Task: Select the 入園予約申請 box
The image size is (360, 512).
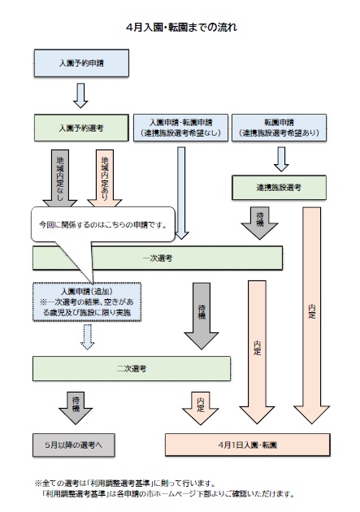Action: tap(81, 62)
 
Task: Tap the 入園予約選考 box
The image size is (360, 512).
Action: tap(81, 128)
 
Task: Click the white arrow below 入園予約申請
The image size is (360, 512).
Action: tap(80, 93)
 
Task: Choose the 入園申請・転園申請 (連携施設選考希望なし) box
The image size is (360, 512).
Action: tap(180, 127)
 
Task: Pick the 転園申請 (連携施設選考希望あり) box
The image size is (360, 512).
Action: tap(279, 127)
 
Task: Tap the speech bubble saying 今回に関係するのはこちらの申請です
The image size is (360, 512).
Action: tap(102, 223)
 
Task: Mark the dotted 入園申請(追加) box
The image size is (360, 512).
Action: tap(87, 301)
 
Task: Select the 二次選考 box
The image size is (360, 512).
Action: tap(131, 368)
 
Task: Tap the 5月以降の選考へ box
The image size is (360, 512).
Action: tap(74, 445)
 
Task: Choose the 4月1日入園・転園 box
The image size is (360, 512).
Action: tap(249, 445)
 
